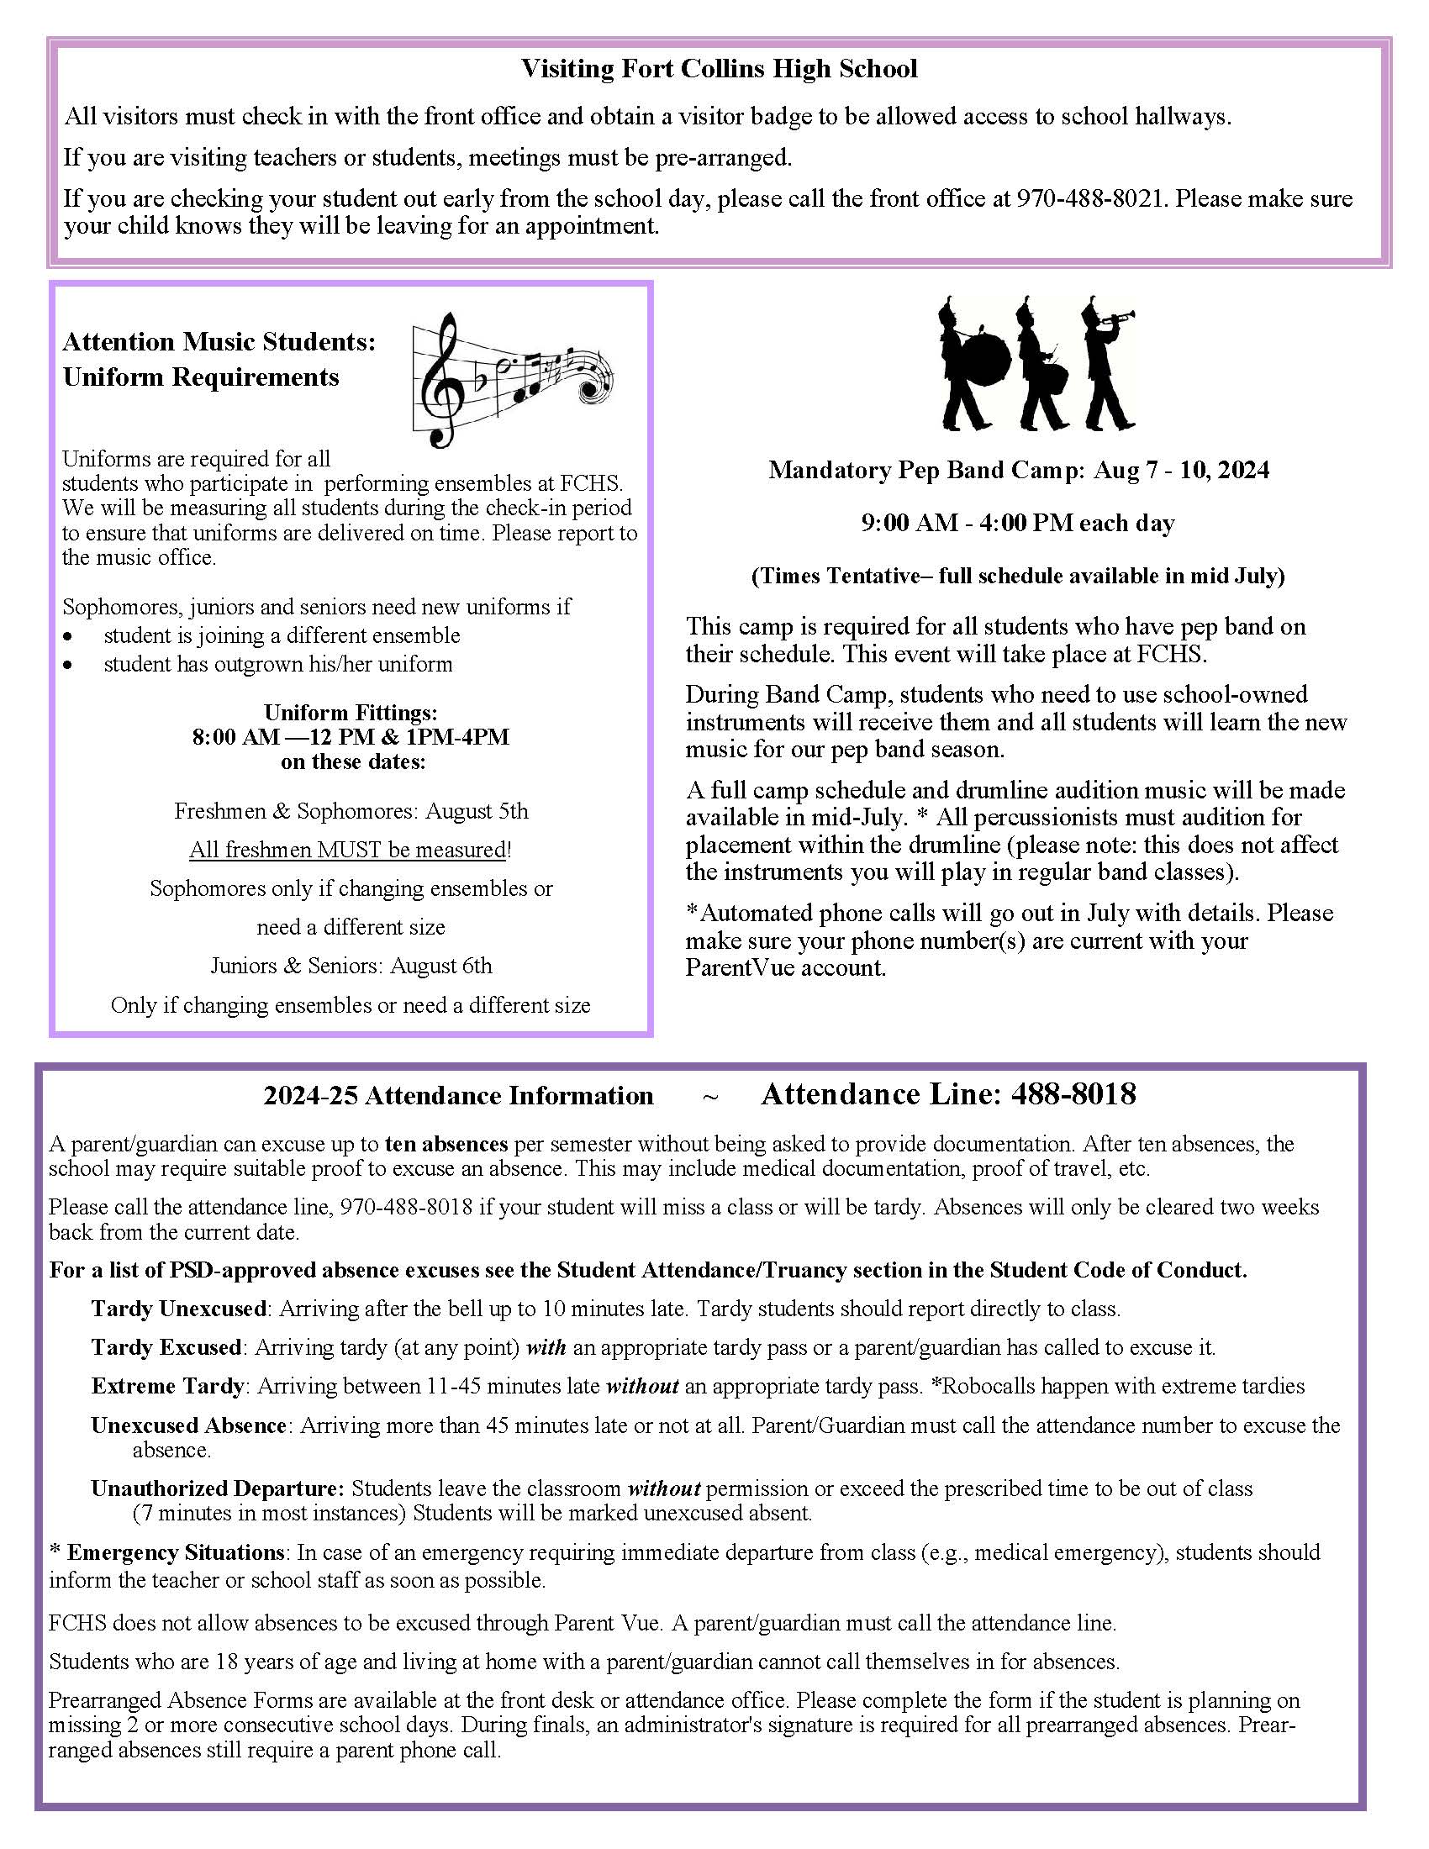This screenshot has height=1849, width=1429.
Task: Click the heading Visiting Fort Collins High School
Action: click(719, 69)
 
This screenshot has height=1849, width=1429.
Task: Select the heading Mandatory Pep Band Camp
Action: click(925, 470)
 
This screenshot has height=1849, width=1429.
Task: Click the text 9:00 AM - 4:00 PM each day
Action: click(1018, 524)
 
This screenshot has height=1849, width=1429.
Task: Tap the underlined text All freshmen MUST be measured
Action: click(347, 849)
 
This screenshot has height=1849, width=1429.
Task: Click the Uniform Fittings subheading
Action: click(351, 712)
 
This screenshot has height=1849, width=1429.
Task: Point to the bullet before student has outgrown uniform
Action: click(68, 666)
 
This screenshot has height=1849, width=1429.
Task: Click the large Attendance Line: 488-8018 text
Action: click(948, 1094)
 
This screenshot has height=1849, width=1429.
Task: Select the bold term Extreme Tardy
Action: click(167, 1386)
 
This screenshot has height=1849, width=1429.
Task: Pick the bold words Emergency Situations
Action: click(175, 1551)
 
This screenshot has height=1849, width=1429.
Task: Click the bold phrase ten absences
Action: click(446, 1144)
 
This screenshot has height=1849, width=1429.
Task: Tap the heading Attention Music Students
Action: click(219, 342)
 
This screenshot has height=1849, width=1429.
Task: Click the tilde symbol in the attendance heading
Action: click(710, 1097)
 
